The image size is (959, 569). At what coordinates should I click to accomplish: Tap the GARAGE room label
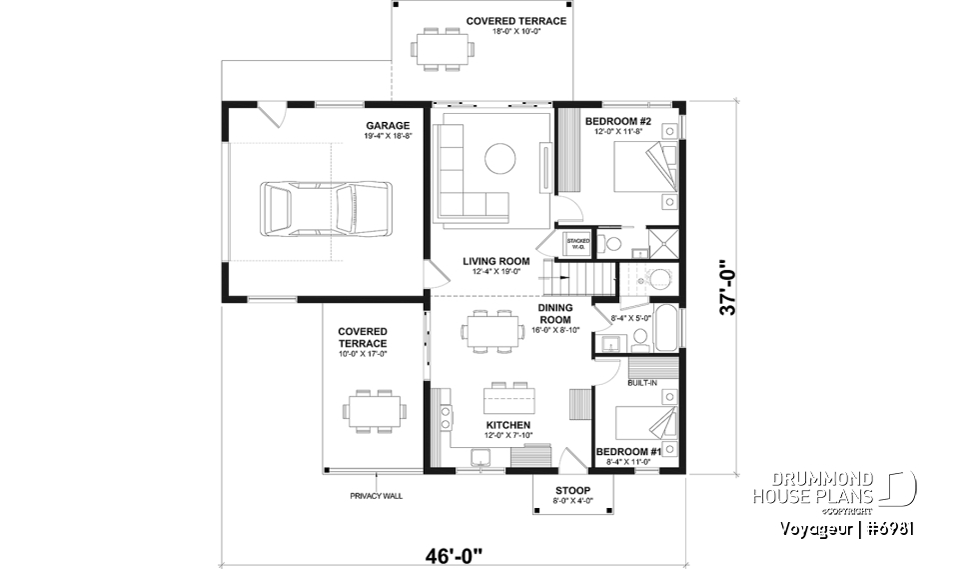[387, 126]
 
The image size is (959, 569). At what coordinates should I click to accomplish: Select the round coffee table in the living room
[500, 157]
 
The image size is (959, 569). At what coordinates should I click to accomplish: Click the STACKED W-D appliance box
[578, 243]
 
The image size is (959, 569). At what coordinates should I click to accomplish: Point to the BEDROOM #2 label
[617, 122]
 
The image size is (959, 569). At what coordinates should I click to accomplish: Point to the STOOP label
[573, 490]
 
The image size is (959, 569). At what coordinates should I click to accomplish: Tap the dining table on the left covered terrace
[375, 410]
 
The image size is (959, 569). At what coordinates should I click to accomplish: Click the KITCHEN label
[508, 425]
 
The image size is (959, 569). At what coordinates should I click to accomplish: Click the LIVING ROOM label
[496, 261]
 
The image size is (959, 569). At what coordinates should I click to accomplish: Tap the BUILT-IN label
[641, 383]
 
